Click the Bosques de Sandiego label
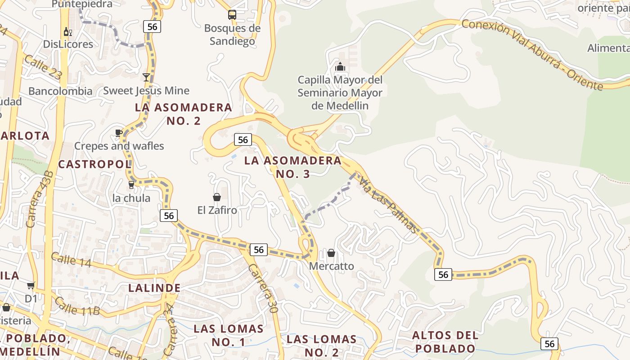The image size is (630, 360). click(x=232, y=35)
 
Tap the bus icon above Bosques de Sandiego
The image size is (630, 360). click(x=232, y=15)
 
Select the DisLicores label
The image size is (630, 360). click(x=68, y=44)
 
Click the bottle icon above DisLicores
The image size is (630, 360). click(x=68, y=31)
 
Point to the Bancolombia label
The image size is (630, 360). click(x=60, y=91)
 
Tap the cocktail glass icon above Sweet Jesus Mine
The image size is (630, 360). click(x=146, y=77)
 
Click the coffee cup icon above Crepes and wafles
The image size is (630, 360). click(x=119, y=132)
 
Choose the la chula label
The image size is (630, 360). click(x=131, y=198)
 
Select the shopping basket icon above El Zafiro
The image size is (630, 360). click(x=217, y=197)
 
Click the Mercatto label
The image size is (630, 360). click(x=331, y=266)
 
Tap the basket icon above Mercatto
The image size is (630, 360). click(x=331, y=253)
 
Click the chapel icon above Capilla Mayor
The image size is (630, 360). click(x=340, y=67)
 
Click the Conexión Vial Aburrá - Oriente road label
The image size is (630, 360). click(x=532, y=54)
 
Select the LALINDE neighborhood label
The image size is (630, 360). click(x=154, y=288)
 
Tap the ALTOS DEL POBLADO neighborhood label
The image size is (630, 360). click(x=445, y=342)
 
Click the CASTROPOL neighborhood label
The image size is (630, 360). click(x=94, y=164)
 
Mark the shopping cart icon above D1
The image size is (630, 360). click(x=31, y=285)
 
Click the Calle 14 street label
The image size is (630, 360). click(x=71, y=260)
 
